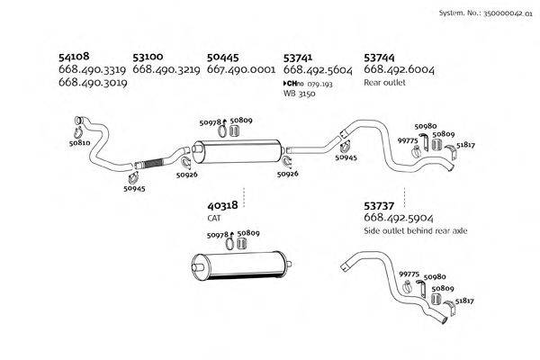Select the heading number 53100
[x=149, y=55]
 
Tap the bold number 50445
[x=225, y=55]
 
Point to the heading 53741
[x=301, y=55]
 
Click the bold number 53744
[x=382, y=55]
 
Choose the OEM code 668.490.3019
[x=92, y=82]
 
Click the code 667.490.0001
[x=241, y=68]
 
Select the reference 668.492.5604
[x=318, y=68]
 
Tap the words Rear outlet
[x=385, y=82]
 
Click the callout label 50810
[x=79, y=142]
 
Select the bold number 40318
[x=222, y=205]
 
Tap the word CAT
[x=214, y=218]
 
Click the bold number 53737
[x=382, y=205]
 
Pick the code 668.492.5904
[x=398, y=218]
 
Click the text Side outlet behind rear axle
[x=415, y=231]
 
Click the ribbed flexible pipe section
[x=151, y=163]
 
